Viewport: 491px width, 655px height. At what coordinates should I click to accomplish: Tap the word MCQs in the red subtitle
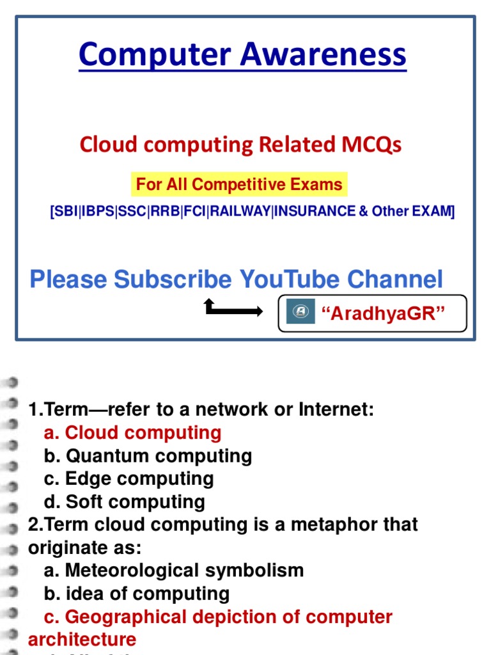click(369, 145)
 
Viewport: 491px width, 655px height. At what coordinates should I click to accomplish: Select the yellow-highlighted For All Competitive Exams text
click(239, 185)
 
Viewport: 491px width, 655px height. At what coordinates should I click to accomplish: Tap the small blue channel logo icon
click(300, 312)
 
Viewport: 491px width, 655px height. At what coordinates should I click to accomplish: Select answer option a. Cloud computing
click(133, 433)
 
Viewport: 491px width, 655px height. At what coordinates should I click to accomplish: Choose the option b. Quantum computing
click(148, 456)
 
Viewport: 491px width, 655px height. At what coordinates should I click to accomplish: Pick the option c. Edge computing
click(129, 479)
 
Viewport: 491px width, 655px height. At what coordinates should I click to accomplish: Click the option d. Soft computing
click(125, 502)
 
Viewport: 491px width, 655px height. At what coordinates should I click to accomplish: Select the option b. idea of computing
click(137, 594)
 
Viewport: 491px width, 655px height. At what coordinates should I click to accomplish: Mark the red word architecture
click(82, 640)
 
